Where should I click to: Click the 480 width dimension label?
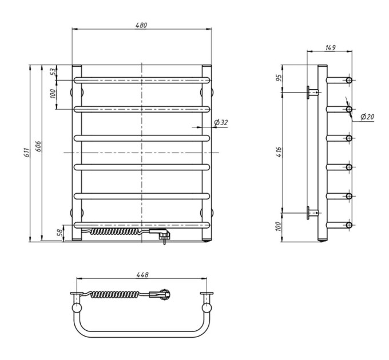141,25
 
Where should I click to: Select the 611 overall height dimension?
27,153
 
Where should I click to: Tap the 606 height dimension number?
38,146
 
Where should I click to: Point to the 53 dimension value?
53,72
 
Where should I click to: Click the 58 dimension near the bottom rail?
60,233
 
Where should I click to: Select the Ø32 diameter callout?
221,122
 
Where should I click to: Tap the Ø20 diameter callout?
367,117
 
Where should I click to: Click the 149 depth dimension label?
330,47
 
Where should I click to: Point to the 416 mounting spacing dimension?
279,151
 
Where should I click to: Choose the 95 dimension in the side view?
279,78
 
